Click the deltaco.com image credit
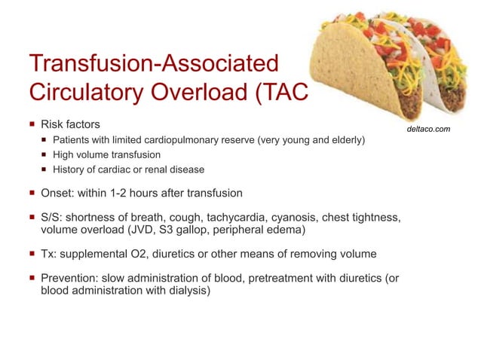pos(427,129)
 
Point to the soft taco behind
pos(445,68)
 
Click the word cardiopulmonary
pos(179,141)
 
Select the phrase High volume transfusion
pos(102,155)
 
